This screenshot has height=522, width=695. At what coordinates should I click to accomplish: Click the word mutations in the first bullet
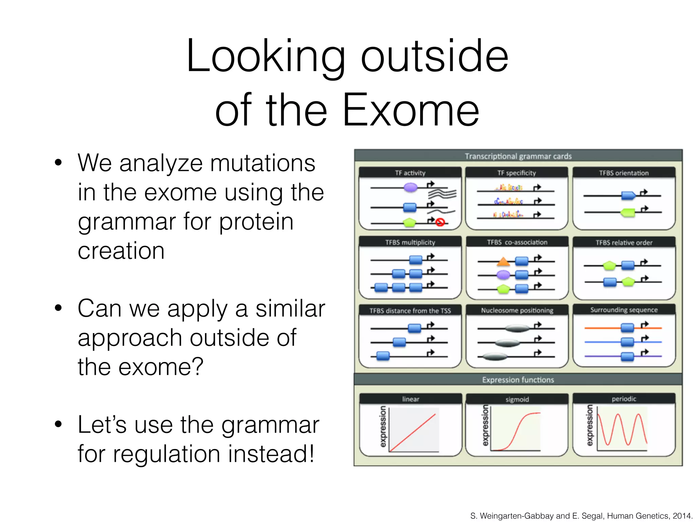click(262, 163)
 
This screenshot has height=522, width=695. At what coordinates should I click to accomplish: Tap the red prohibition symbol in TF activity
click(440, 222)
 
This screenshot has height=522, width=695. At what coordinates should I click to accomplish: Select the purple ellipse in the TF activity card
click(410, 187)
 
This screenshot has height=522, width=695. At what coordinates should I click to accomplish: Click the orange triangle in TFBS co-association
click(503, 262)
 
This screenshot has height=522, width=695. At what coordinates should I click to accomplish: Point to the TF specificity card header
click(516, 173)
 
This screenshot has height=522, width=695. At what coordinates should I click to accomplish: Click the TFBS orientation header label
click(624, 173)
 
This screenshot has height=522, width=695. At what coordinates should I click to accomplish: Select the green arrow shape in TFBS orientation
click(628, 212)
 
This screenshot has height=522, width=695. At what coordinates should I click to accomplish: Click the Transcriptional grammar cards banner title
click(518, 156)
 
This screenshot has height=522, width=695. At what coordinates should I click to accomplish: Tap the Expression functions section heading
click(518, 380)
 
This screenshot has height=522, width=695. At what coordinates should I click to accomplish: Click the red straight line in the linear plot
click(412, 433)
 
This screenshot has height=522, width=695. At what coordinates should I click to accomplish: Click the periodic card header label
click(624, 399)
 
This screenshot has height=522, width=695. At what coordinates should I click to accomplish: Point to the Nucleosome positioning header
click(517, 310)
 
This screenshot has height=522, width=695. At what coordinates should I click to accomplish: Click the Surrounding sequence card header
click(624, 310)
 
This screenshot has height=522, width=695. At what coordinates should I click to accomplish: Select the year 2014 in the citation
click(682, 516)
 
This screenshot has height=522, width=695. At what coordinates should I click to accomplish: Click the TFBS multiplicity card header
click(410, 242)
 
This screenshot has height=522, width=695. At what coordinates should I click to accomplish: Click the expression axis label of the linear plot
click(383, 427)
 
